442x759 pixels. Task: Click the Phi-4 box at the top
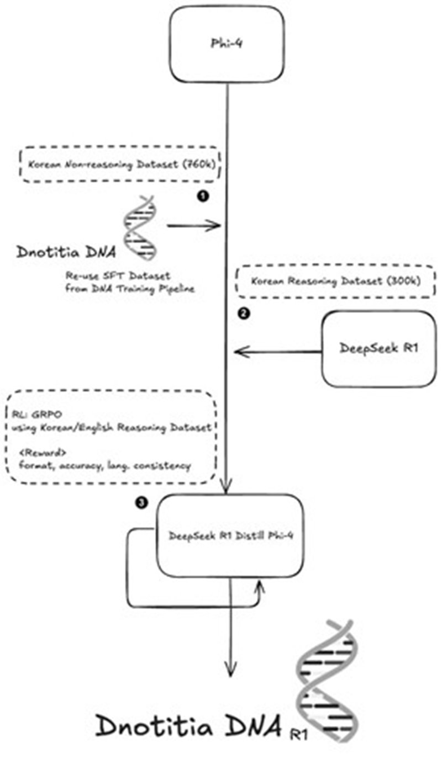(x=227, y=44)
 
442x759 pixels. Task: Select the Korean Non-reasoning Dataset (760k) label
(x=122, y=164)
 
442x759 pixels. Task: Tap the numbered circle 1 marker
(x=203, y=196)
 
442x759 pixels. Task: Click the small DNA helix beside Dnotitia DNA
(x=140, y=228)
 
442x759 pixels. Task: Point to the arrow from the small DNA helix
(x=194, y=225)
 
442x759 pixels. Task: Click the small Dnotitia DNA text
(x=66, y=252)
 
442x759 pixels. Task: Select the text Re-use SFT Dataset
(x=118, y=276)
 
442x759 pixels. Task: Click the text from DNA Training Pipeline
(x=130, y=289)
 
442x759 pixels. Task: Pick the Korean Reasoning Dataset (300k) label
(x=335, y=281)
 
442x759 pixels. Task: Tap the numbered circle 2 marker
(x=244, y=314)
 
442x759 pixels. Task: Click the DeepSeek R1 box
(x=378, y=349)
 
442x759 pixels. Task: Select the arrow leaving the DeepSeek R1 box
(x=278, y=352)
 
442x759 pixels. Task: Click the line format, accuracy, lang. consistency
(x=105, y=466)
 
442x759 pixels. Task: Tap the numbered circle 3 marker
(x=142, y=502)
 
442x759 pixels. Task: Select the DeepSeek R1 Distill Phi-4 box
(x=230, y=535)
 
